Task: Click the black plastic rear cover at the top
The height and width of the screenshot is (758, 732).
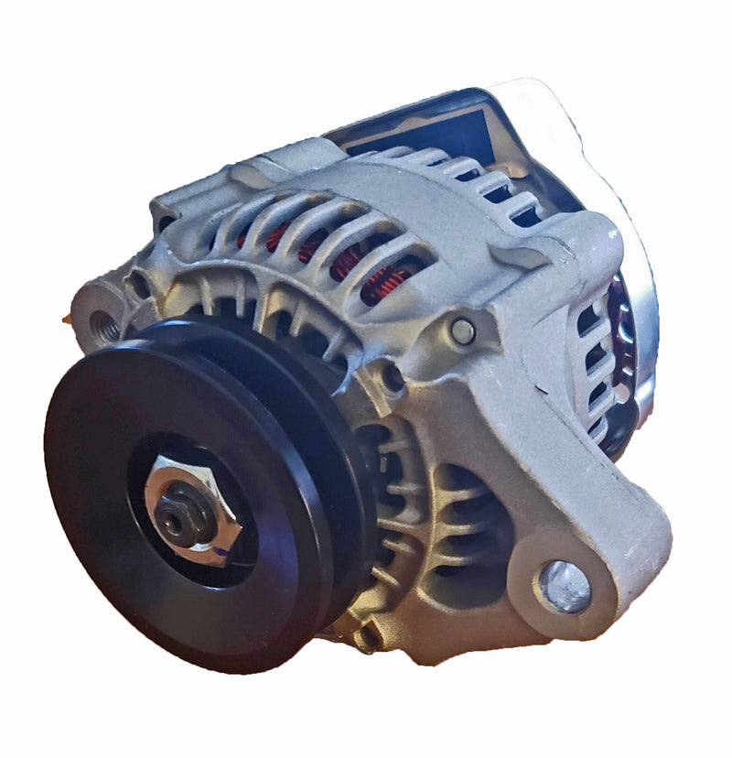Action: coord(430,119)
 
